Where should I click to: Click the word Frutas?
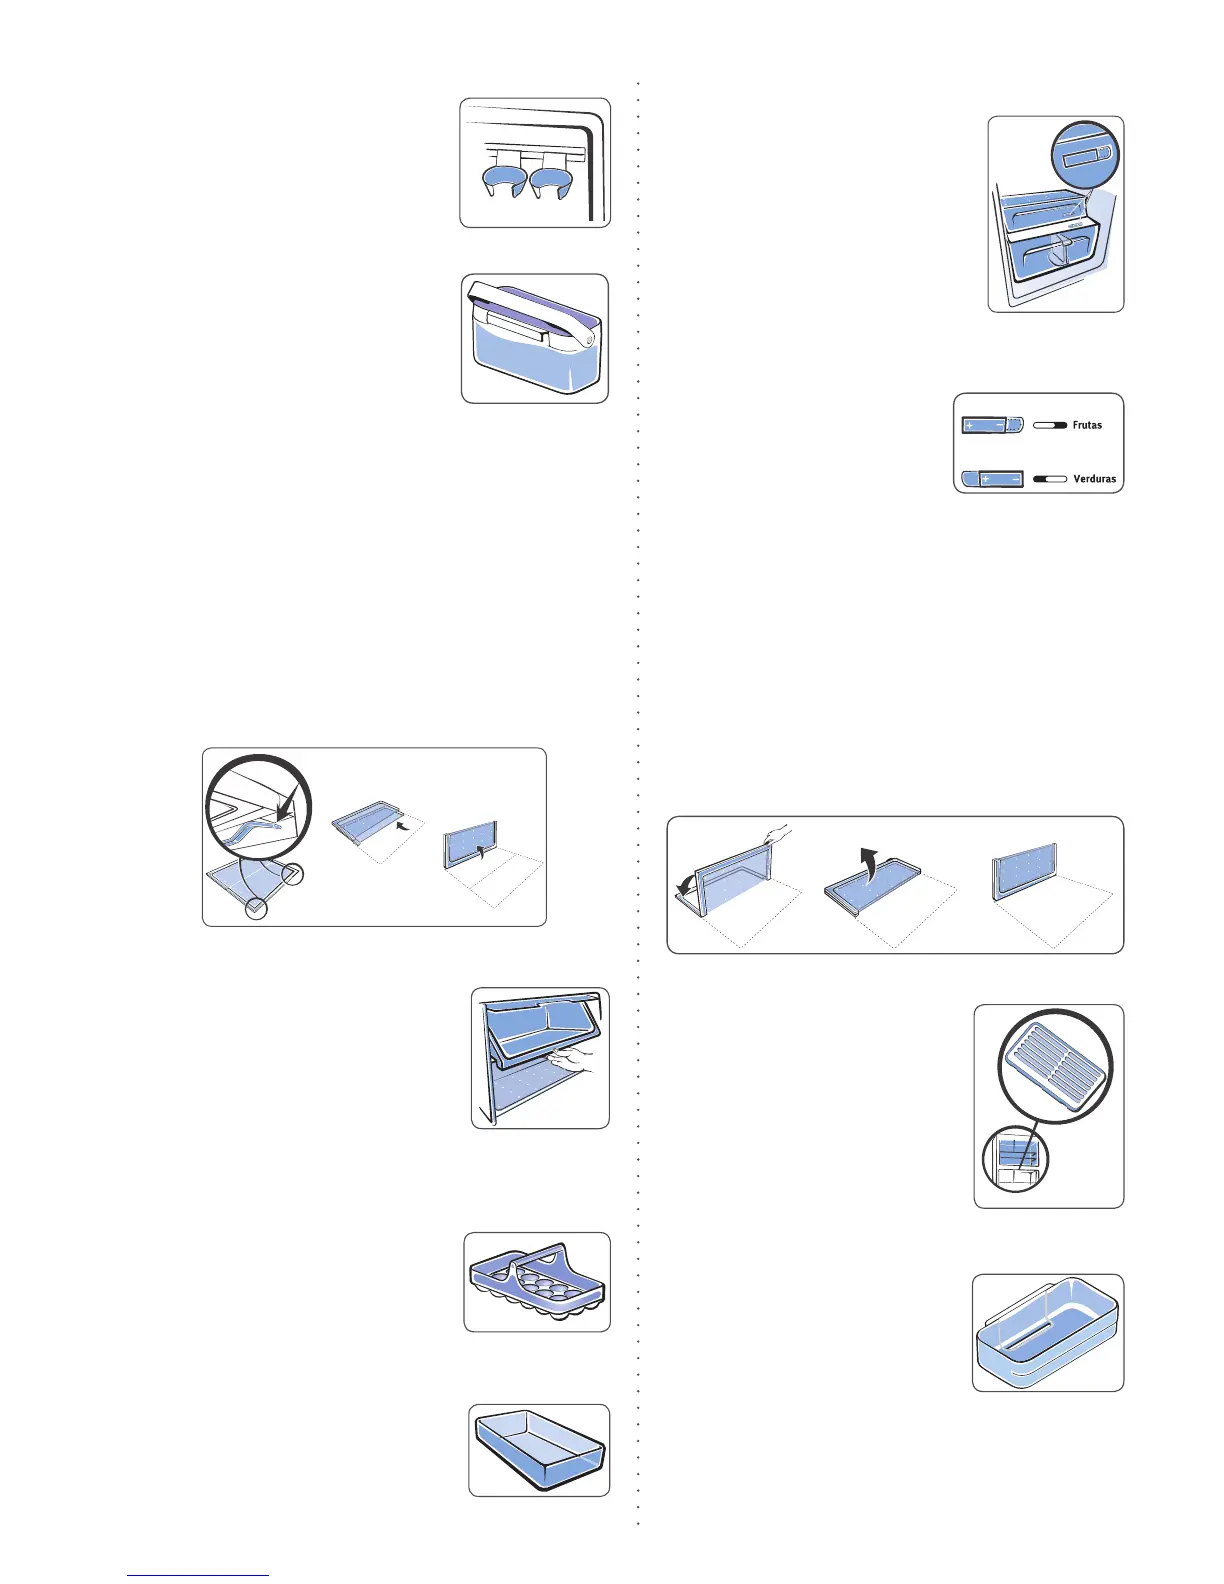(x=1087, y=425)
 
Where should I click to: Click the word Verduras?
(x=1094, y=479)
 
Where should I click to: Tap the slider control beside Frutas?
(x=992, y=426)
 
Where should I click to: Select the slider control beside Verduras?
(x=992, y=480)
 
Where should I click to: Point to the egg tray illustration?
(x=537, y=1283)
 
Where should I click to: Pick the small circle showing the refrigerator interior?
(x=1014, y=1158)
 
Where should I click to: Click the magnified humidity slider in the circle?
(x=1084, y=156)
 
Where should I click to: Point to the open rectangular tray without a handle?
(x=539, y=1451)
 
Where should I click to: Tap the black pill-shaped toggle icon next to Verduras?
(x=1050, y=480)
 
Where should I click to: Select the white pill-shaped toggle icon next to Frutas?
(x=1050, y=426)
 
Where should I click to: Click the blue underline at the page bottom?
(x=198, y=1575)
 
